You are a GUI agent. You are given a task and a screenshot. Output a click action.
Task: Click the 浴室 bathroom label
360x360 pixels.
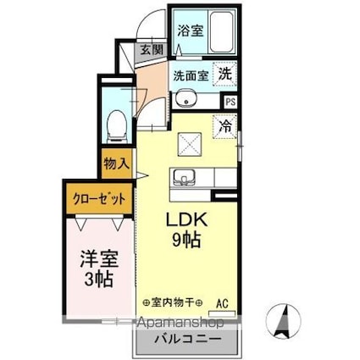[190, 30]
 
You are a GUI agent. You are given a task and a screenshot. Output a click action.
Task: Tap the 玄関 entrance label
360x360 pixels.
[152, 50]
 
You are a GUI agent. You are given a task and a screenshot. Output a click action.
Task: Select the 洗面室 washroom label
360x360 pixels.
[190, 75]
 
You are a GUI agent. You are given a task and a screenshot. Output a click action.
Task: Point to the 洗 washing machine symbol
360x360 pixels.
[224, 74]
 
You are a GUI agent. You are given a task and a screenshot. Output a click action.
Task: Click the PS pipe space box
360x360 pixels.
[230, 102]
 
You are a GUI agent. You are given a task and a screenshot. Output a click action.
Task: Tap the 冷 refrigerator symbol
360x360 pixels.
[225, 125]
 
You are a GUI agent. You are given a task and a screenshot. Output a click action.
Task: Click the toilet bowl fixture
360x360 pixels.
[117, 127]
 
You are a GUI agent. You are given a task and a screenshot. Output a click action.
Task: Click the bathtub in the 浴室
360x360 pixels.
[222, 32]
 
